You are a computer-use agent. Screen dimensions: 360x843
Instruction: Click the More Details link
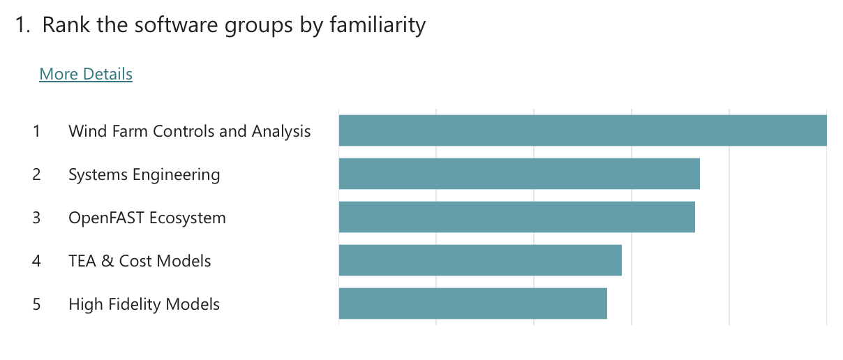coord(86,74)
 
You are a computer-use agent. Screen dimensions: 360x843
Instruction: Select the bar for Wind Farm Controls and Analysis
coord(583,130)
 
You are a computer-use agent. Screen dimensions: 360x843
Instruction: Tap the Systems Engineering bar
coord(519,174)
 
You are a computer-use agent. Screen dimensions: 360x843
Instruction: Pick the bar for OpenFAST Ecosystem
coord(516,217)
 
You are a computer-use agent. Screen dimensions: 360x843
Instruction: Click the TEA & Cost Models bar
coord(480,260)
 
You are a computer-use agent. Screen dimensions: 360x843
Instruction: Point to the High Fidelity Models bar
coord(472,303)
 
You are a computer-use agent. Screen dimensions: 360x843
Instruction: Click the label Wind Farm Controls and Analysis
coord(189,131)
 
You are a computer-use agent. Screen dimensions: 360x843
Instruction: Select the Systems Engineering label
coord(144,174)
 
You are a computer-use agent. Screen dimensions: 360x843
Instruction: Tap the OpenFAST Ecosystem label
coord(147,218)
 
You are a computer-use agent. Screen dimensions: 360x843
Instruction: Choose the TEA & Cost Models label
coord(140,261)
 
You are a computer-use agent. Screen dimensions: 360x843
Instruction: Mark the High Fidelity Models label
coord(144,304)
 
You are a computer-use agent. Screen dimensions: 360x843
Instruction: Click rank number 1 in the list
coord(36,131)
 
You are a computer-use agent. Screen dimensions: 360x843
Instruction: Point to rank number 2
coord(36,174)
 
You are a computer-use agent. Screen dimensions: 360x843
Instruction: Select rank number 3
coord(36,218)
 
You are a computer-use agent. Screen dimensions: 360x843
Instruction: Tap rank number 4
coord(36,261)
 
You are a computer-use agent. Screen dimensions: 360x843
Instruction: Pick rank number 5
coord(36,304)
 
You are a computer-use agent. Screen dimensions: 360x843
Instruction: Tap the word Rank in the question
coord(62,25)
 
